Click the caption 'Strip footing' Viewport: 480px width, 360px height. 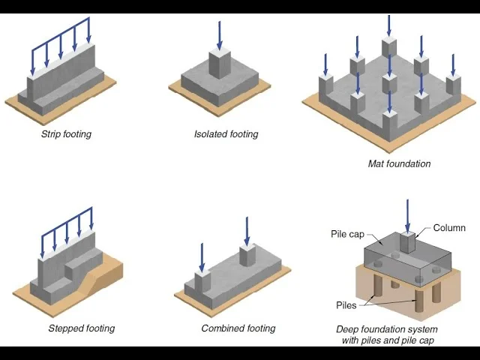click(66, 135)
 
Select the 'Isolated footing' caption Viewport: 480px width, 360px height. click(226, 134)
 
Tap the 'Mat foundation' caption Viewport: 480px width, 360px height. click(399, 163)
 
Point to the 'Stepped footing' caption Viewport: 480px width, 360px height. click(81, 328)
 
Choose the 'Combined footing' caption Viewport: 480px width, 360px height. click(238, 328)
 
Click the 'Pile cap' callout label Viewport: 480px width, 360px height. click(347, 234)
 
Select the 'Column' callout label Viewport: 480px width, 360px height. click(448, 228)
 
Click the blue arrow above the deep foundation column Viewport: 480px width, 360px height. click(407, 214)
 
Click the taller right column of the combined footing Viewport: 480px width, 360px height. click(247, 256)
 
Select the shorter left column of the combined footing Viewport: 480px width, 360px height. click(202, 281)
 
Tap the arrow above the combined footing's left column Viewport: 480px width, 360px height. click(202, 257)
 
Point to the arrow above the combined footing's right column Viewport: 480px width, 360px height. click(247, 231)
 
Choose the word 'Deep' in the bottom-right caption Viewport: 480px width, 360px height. click(349, 329)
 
